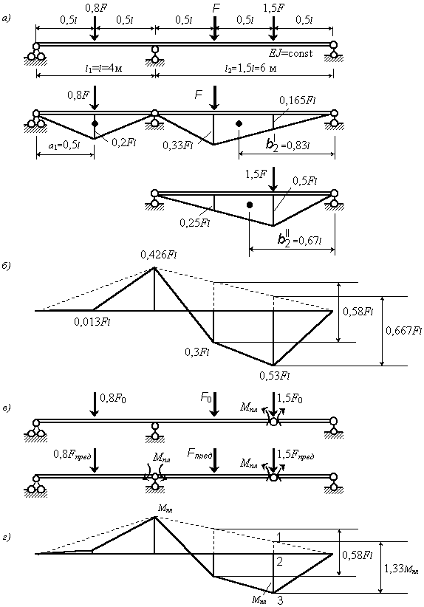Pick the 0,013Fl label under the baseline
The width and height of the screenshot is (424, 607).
pyautogui.click(x=92, y=321)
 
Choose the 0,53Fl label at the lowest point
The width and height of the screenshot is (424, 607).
pyautogui.click(x=276, y=375)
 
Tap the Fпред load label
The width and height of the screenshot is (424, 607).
pyautogui.click(x=199, y=454)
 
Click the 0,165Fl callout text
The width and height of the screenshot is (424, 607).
pyautogui.click(x=298, y=100)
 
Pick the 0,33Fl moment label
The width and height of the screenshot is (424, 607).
pyautogui.click(x=177, y=145)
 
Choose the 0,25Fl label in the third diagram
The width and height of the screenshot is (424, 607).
pyautogui.click(x=194, y=222)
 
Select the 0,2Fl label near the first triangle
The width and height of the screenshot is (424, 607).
pyautogui.click(x=123, y=142)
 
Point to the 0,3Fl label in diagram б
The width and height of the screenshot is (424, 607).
pyautogui.click(x=196, y=352)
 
